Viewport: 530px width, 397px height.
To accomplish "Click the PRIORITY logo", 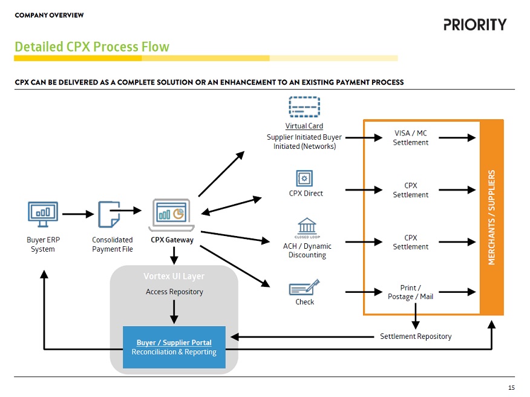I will [x=474, y=25].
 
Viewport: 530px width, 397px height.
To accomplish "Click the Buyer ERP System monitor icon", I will [x=43, y=214].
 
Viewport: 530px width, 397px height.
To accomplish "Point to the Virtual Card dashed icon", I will [x=304, y=107].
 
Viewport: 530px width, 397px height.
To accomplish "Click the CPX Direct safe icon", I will [x=304, y=178].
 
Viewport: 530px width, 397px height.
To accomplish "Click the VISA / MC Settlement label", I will [x=410, y=138].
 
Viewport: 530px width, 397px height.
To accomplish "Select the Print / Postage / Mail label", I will [x=410, y=292].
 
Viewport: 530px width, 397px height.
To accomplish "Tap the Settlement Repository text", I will [x=416, y=336].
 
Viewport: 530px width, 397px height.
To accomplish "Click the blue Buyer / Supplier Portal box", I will [x=174, y=347].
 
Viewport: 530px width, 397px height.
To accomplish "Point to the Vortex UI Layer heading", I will [x=174, y=277].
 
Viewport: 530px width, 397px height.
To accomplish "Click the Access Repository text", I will [x=174, y=292].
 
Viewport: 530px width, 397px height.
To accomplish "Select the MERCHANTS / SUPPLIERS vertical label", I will [x=491, y=217].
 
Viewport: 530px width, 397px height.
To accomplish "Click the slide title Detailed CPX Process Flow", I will [x=92, y=47].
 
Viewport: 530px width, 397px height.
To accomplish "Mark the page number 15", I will [x=511, y=387].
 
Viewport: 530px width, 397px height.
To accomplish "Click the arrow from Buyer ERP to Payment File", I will [x=77, y=214].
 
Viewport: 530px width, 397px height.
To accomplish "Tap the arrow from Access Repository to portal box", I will [x=174, y=311].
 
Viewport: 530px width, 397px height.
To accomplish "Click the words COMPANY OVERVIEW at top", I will [x=49, y=15].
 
